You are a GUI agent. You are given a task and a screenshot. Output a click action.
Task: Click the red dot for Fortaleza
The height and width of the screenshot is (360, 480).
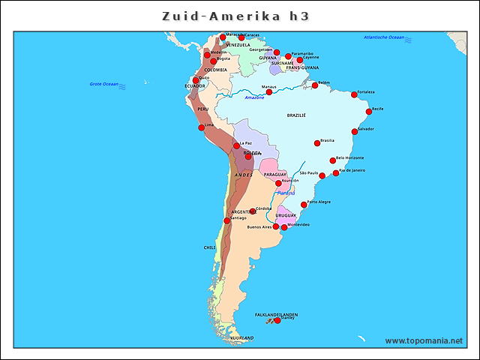point(355,94)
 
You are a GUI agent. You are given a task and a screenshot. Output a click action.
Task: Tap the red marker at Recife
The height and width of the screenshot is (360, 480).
point(369,112)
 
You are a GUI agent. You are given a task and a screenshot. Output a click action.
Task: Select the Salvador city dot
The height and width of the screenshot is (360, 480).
point(355,132)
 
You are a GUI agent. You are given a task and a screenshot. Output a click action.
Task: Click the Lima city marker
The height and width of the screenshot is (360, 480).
point(201,127)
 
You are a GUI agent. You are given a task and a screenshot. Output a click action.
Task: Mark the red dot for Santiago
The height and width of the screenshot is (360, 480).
point(227,220)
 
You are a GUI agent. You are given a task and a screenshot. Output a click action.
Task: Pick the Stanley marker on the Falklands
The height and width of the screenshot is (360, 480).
point(277,320)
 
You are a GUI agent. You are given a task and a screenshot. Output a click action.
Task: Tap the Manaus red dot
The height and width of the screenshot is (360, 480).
point(269,92)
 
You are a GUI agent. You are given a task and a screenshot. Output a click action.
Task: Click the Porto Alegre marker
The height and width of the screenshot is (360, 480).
point(304,204)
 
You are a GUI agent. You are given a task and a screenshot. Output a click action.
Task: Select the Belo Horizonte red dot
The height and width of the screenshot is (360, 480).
point(333,160)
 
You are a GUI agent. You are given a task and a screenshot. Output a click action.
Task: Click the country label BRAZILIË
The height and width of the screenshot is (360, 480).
point(296,116)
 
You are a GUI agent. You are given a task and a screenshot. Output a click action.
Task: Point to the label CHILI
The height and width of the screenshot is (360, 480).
point(209,247)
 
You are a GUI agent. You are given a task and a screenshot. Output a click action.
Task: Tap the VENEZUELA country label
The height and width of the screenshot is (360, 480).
point(238,45)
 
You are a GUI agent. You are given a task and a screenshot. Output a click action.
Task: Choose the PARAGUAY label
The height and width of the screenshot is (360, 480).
point(275,174)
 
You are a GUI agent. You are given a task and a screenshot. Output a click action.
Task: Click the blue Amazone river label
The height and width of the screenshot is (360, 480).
point(255,97)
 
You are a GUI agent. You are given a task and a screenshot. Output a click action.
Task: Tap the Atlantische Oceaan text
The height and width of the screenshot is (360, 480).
point(384,37)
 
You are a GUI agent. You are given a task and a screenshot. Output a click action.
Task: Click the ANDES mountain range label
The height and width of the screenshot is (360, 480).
point(244,175)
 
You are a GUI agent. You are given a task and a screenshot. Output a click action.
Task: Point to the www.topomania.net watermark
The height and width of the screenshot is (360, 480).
point(424,340)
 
